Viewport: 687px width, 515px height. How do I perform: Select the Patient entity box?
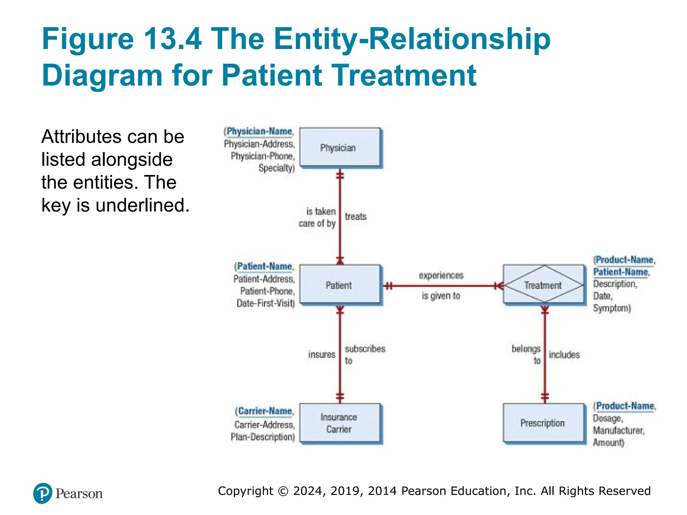[x=340, y=285]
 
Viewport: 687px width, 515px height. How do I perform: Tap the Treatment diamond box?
[x=543, y=285]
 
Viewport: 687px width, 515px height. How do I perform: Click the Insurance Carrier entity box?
[x=340, y=423]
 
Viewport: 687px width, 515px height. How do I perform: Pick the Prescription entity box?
[x=543, y=423]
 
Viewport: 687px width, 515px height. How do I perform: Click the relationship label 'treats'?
[x=356, y=217]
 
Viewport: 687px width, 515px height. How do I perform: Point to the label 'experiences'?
[x=441, y=275]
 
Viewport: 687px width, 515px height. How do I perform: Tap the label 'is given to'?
[x=441, y=296]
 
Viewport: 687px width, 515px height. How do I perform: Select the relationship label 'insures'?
[x=321, y=354]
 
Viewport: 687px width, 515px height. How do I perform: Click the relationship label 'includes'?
[x=564, y=354]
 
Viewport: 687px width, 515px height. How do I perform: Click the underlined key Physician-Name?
[x=259, y=131]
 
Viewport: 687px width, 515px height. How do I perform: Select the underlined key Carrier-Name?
[x=265, y=411]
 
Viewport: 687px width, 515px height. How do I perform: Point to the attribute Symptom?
[x=611, y=308]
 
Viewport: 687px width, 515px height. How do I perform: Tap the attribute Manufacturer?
[x=618, y=430]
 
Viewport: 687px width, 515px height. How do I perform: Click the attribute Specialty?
[x=276, y=168]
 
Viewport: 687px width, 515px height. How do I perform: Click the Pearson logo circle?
[x=43, y=493]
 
